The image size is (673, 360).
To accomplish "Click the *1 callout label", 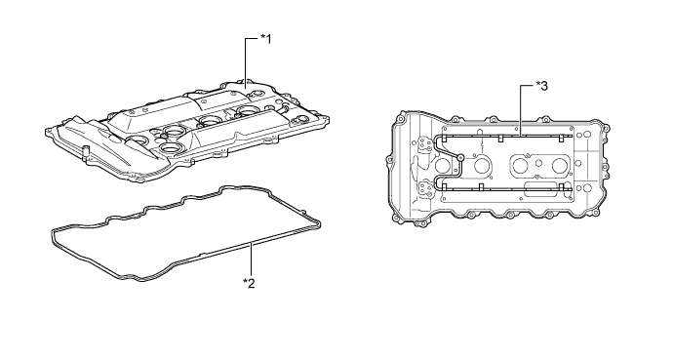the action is (265, 39).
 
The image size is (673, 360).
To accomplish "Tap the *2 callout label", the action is (249, 283).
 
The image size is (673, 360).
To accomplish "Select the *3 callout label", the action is (541, 86).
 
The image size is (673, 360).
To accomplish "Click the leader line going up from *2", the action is (252, 260).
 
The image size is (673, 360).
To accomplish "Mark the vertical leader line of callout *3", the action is (521, 110).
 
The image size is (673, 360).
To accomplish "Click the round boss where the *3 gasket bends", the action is (460, 157).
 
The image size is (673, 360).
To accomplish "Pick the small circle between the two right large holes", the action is (539, 163).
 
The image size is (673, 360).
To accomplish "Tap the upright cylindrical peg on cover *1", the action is (85, 151).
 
